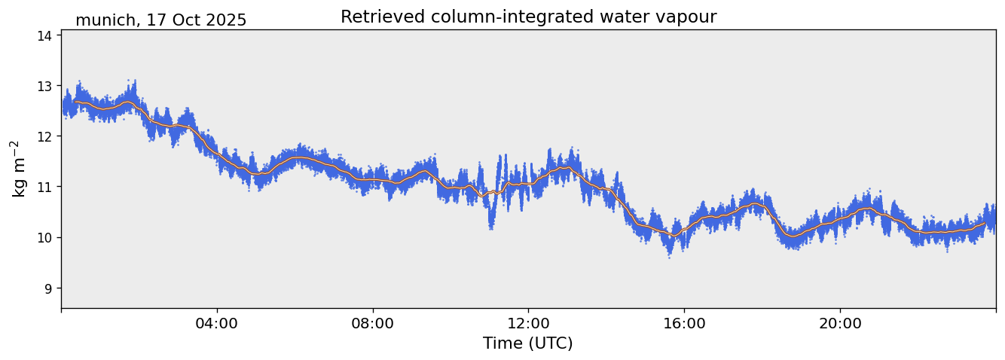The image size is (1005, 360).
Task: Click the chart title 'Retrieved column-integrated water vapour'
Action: (528, 17)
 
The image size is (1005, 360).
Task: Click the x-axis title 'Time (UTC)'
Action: (528, 343)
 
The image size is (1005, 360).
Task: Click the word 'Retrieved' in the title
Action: (375, 17)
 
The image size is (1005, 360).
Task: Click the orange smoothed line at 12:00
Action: (528, 183)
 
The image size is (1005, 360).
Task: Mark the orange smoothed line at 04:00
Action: (217, 153)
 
